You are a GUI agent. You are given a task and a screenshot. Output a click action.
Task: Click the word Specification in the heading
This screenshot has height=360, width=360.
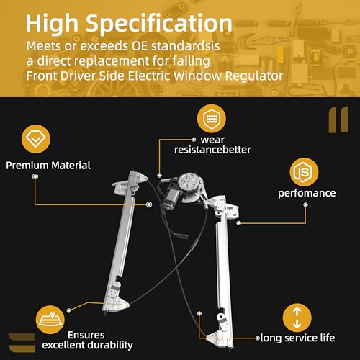click(159, 24)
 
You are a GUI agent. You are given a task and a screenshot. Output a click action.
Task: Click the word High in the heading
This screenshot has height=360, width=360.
click(52, 24)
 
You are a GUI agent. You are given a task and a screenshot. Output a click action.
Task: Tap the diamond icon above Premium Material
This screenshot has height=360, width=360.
click(36, 139)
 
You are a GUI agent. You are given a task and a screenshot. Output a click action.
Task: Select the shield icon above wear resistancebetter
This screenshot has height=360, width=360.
click(212, 119)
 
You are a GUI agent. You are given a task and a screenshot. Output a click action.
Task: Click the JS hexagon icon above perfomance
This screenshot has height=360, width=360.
click(304, 172)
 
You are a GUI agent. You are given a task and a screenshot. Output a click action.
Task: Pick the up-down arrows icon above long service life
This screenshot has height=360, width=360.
click(297, 318)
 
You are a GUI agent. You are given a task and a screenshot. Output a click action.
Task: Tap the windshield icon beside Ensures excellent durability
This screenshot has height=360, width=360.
click(50, 320)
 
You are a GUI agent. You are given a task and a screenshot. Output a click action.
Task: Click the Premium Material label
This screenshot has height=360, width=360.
click(48, 166)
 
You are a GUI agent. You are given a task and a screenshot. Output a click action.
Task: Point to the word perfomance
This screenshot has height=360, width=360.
click(307, 193)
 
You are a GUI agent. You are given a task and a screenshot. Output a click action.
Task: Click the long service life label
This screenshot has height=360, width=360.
click(297, 338)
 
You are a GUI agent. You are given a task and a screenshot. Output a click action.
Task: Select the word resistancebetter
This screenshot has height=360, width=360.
click(212, 150)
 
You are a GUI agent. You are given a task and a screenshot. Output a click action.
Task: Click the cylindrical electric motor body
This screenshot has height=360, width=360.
click(171, 197)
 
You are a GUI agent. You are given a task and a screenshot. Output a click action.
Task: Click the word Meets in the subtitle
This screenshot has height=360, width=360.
click(43, 46)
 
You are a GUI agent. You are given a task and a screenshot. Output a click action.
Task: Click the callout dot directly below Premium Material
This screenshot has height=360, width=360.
click(35, 176)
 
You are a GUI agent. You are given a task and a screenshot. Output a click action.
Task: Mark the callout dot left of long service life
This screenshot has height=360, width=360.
click(258, 338)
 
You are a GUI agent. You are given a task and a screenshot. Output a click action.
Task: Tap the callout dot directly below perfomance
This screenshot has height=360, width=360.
click(305, 204)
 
